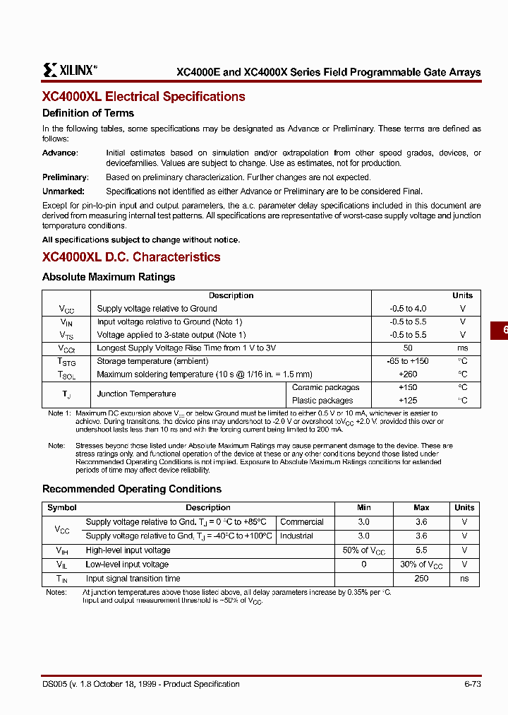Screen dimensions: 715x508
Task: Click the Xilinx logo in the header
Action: (68, 69)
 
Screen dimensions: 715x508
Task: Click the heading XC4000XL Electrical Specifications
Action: (144, 97)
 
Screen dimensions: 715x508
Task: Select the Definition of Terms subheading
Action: (88, 113)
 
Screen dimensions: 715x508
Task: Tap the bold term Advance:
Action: (60, 153)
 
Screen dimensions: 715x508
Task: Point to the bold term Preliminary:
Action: (65, 177)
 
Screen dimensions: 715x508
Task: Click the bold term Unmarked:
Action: (64, 191)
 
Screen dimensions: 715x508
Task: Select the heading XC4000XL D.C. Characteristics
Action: (131, 257)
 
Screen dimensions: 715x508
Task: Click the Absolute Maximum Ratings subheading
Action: (109, 277)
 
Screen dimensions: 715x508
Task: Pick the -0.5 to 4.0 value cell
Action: (408, 309)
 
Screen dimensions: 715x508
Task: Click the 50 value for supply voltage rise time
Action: (408, 348)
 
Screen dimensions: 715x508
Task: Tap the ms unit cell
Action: (462, 348)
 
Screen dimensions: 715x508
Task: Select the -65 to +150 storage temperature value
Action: (408, 361)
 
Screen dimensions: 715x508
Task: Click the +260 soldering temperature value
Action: (408, 374)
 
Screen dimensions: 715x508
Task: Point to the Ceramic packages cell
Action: (325, 387)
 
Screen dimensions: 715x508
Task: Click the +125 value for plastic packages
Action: (408, 401)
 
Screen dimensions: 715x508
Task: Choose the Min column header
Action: (363, 507)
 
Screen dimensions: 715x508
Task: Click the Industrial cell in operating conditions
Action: (296, 536)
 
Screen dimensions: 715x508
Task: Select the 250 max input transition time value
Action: (421, 579)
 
